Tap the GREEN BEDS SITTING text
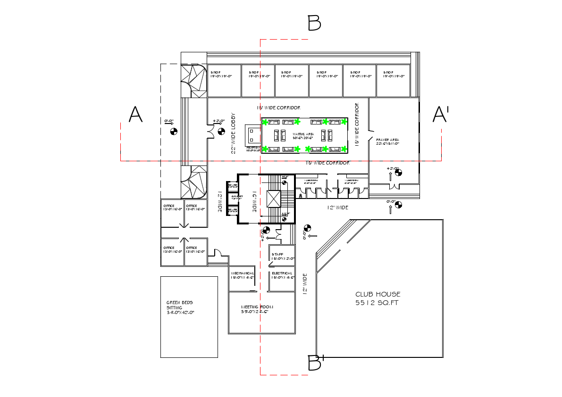click(179, 307)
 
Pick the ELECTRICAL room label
click(282, 273)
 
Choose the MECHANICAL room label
click(243, 273)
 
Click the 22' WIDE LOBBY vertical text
click(233, 133)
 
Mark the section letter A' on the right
click(441, 115)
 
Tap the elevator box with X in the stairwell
click(274, 198)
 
